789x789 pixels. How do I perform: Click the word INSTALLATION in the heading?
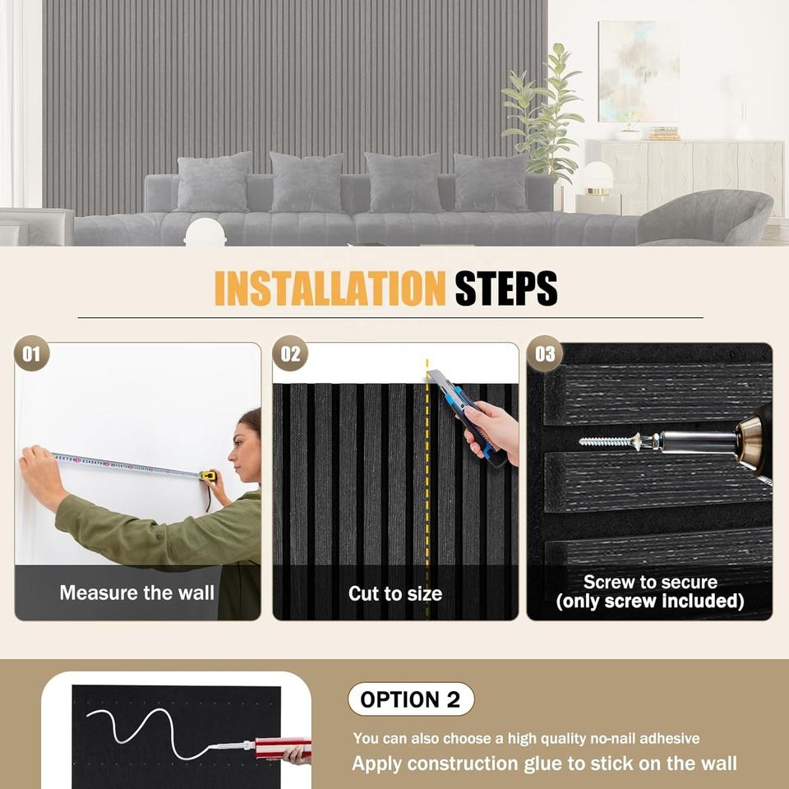(x=330, y=288)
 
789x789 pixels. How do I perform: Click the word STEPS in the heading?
(x=506, y=288)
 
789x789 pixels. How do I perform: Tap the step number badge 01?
(x=32, y=353)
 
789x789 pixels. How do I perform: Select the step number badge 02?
(x=290, y=353)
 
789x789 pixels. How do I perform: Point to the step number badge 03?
(x=544, y=353)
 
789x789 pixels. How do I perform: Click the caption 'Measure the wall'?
(x=137, y=593)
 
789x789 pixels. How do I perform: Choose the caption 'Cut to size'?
(x=395, y=593)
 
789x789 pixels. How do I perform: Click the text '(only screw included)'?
(x=650, y=602)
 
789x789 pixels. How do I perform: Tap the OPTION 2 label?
(x=411, y=699)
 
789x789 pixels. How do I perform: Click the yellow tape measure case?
(x=208, y=476)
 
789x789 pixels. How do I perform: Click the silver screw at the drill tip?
(x=609, y=442)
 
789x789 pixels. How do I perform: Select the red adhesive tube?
(x=283, y=747)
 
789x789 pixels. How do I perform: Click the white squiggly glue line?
(x=151, y=732)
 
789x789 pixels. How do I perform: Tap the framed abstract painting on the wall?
(x=639, y=72)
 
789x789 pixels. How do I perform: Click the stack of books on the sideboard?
(x=664, y=133)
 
